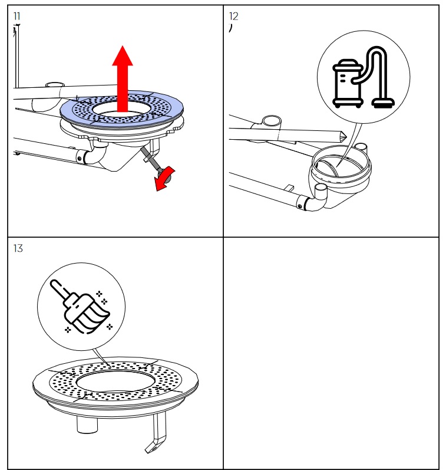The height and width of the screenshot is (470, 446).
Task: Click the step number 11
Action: point(16,16)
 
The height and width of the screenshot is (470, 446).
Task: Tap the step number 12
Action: point(234,16)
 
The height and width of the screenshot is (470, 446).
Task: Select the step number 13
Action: point(18,248)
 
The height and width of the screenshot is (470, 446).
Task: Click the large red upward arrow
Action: point(123,77)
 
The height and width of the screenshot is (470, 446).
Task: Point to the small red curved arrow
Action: point(165,180)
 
